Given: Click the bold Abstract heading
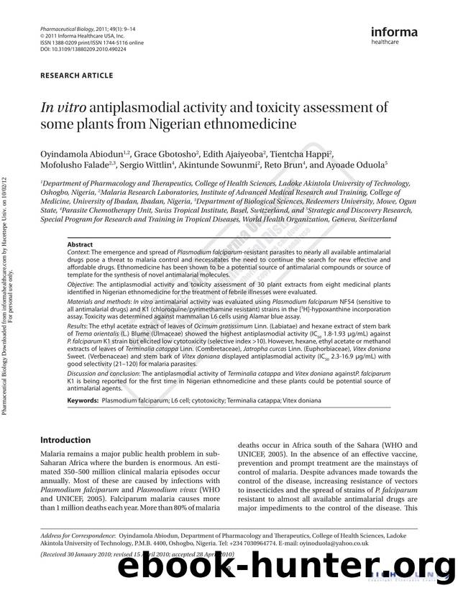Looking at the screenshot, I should point(80,245).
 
